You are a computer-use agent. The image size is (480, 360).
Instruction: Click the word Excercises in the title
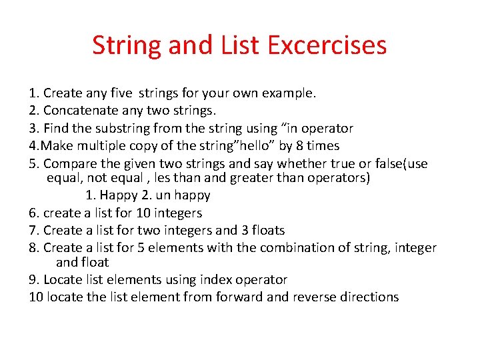pos(327,45)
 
